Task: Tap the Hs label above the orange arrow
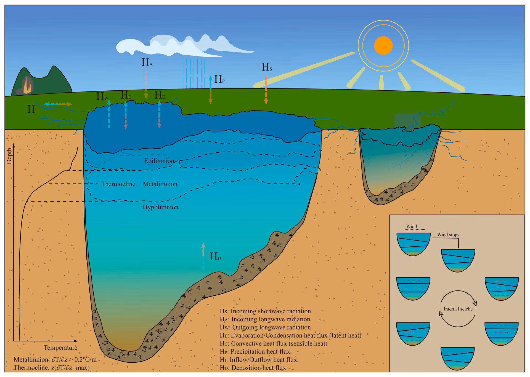267,67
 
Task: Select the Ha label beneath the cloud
147,63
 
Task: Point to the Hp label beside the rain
219,80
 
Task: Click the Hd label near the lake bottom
215,257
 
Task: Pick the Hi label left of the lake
32,110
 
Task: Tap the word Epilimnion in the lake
159,161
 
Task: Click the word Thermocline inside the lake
118,184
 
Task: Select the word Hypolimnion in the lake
160,207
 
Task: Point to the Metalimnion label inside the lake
160,184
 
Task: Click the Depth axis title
9,156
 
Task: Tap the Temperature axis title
60,348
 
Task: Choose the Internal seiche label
458,309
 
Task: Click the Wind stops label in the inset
448,235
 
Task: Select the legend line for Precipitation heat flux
255,352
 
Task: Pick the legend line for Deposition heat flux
253,368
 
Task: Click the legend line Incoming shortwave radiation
265,311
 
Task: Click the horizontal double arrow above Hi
58,104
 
